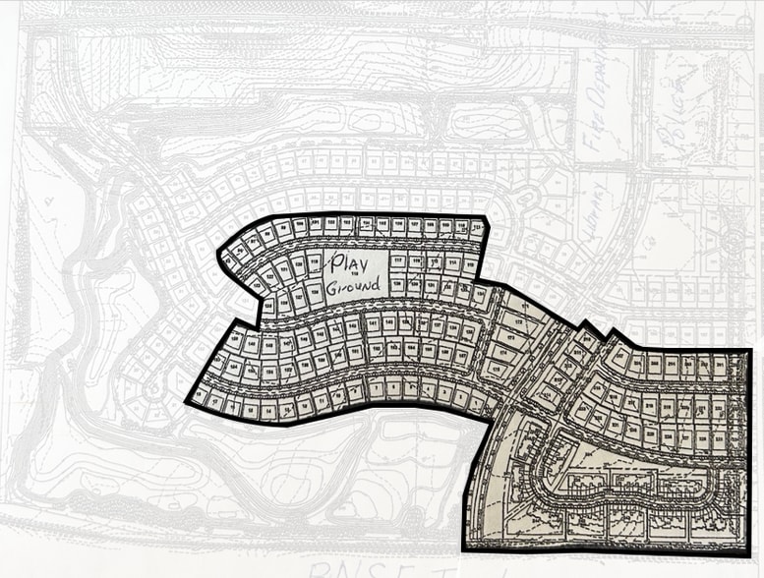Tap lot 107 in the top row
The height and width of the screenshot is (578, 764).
point(414,225)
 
